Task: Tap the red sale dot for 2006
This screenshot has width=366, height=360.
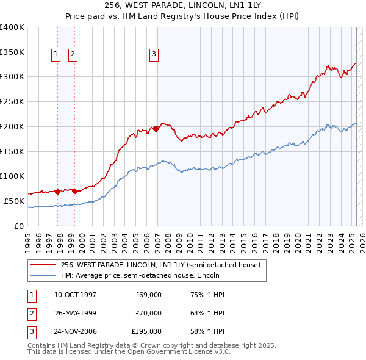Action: (156, 129)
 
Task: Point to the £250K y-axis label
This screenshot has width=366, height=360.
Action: (12, 101)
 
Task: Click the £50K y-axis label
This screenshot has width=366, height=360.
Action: (14, 201)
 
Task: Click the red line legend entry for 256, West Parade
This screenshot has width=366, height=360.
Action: (160, 265)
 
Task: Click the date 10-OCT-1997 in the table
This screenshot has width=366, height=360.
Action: (75, 295)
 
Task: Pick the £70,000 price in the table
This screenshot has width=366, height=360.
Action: (148, 314)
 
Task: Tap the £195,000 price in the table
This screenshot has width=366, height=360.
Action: (146, 333)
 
